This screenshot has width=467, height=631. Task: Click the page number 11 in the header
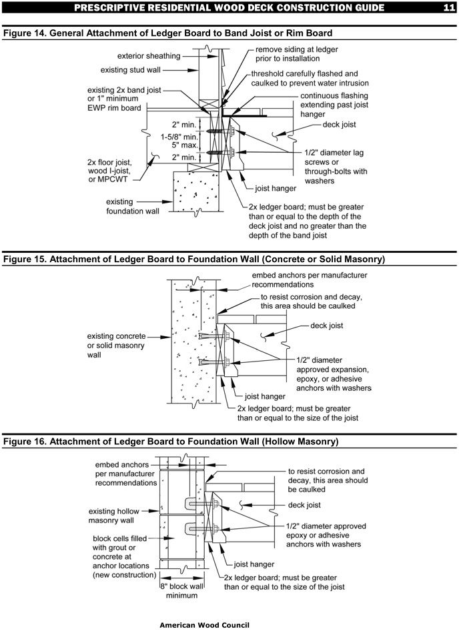(x=448, y=8)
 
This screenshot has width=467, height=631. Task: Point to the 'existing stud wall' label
(x=139, y=69)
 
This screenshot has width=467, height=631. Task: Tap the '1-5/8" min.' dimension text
(x=178, y=135)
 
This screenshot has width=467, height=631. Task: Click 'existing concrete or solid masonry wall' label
(x=116, y=346)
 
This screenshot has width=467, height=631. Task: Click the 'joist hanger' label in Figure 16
(x=257, y=564)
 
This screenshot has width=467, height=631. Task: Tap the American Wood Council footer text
(x=204, y=625)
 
